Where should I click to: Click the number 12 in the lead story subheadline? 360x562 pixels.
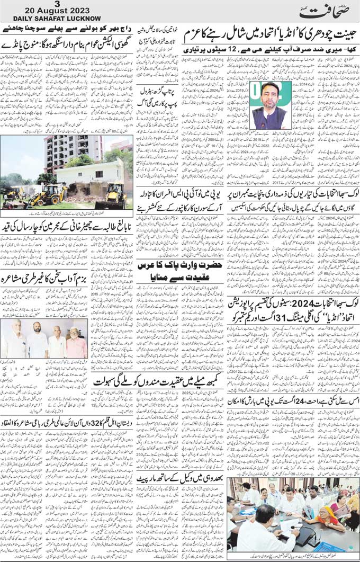(247, 50)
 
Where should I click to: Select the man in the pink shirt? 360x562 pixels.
(76, 344)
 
